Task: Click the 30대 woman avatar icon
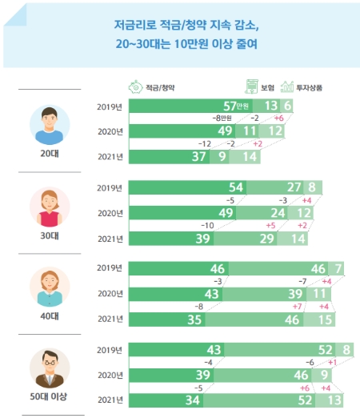[50, 207]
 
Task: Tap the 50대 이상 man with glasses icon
[50, 368]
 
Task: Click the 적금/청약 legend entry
[152, 86]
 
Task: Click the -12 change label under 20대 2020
[206, 144]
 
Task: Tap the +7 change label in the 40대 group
[297, 306]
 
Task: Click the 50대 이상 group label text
[49, 398]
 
